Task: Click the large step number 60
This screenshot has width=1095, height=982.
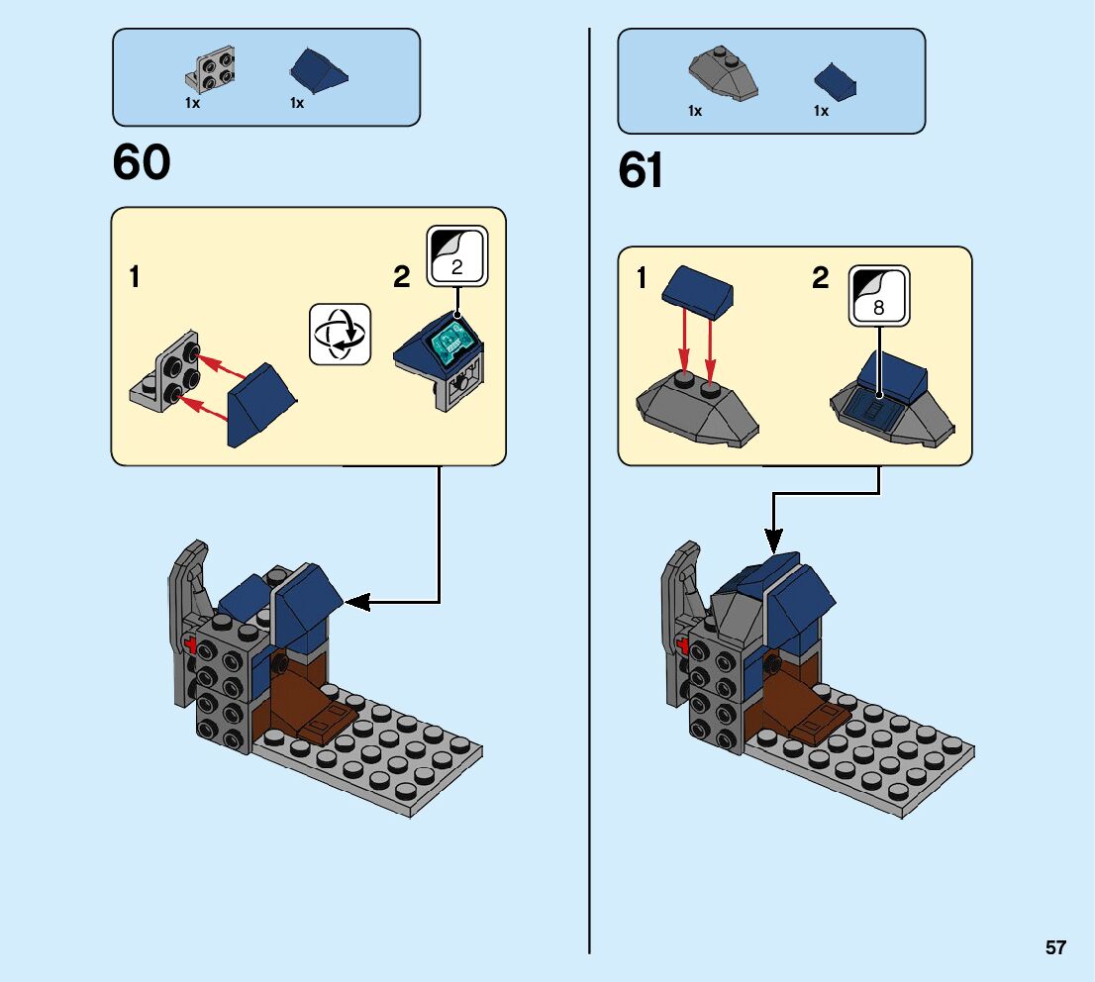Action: [x=142, y=162]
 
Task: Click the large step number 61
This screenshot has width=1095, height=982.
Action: [x=641, y=171]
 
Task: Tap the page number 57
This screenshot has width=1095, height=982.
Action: [x=1055, y=947]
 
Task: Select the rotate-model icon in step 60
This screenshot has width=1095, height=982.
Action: [x=340, y=334]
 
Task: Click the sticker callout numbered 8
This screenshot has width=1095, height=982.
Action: [x=878, y=294]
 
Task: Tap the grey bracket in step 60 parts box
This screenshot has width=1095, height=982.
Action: [x=210, y=72]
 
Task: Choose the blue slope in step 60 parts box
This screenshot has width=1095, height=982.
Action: [x=318, y=69]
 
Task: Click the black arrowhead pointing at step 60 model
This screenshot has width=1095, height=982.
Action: [x=355, y=601]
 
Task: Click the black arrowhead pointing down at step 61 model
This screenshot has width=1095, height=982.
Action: [x=773, y=540]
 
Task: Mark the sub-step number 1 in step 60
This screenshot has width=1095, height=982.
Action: [x=134, y=277]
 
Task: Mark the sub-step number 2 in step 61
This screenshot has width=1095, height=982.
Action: [x=820, y=279]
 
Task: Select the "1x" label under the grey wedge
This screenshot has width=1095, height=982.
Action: [x=695, y=111]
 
